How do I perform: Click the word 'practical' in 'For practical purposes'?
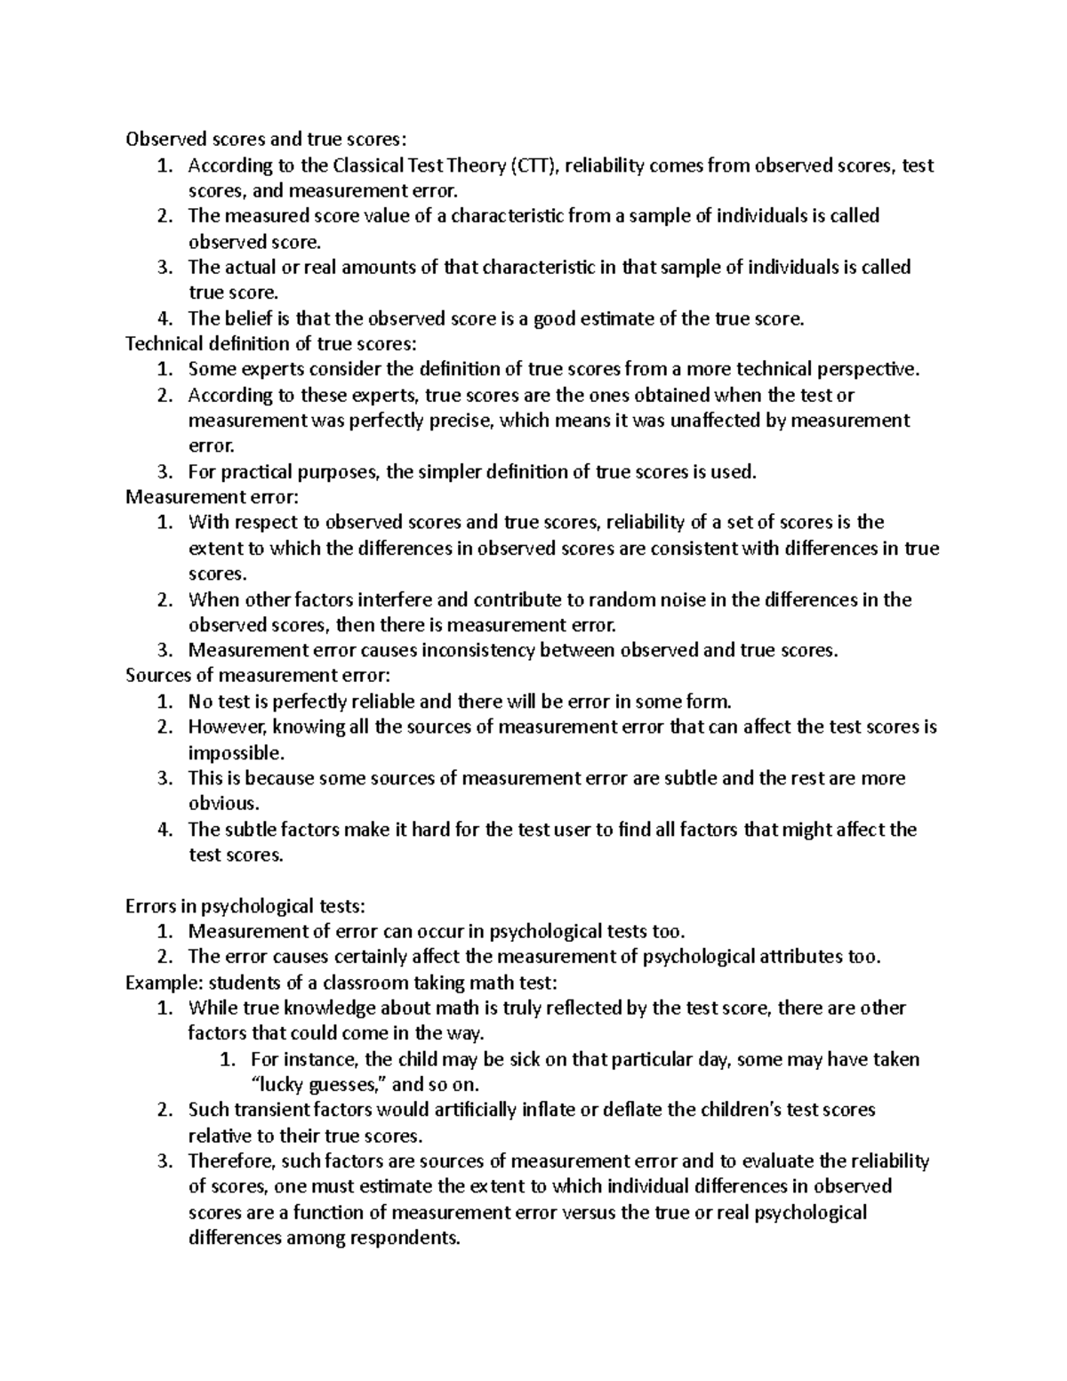(257, 472)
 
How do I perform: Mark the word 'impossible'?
(235, 753)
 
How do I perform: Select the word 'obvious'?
(221, 804)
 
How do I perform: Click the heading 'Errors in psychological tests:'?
(245, 906)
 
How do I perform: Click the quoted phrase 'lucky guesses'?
(318, 1085)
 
